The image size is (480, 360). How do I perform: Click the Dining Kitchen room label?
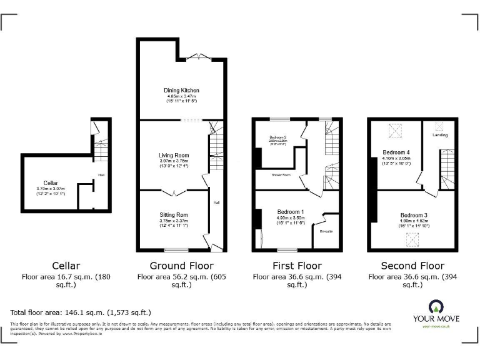pos(181,91)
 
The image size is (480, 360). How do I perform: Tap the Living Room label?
pos(173,155)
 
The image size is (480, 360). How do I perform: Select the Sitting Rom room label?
pos(173,215)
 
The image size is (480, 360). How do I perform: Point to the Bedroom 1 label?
pos(291,212)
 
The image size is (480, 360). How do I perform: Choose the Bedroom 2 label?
pos(278,137)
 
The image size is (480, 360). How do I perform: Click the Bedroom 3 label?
pos(413,215)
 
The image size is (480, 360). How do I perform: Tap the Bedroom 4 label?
pos(396,152)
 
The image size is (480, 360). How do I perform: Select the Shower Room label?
pos(281,176)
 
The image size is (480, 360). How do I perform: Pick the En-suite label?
pos(326,232)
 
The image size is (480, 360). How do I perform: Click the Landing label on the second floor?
pos(440,135)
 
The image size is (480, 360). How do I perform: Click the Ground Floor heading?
pos(181,266)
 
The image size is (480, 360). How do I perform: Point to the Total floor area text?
pos(81,312)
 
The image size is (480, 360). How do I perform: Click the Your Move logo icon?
pos(435,306)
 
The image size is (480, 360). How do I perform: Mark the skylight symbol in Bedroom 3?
pos(412,238)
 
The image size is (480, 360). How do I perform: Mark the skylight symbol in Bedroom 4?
pos(396,130)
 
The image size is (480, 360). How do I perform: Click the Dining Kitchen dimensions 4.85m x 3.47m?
pos(181,96)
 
